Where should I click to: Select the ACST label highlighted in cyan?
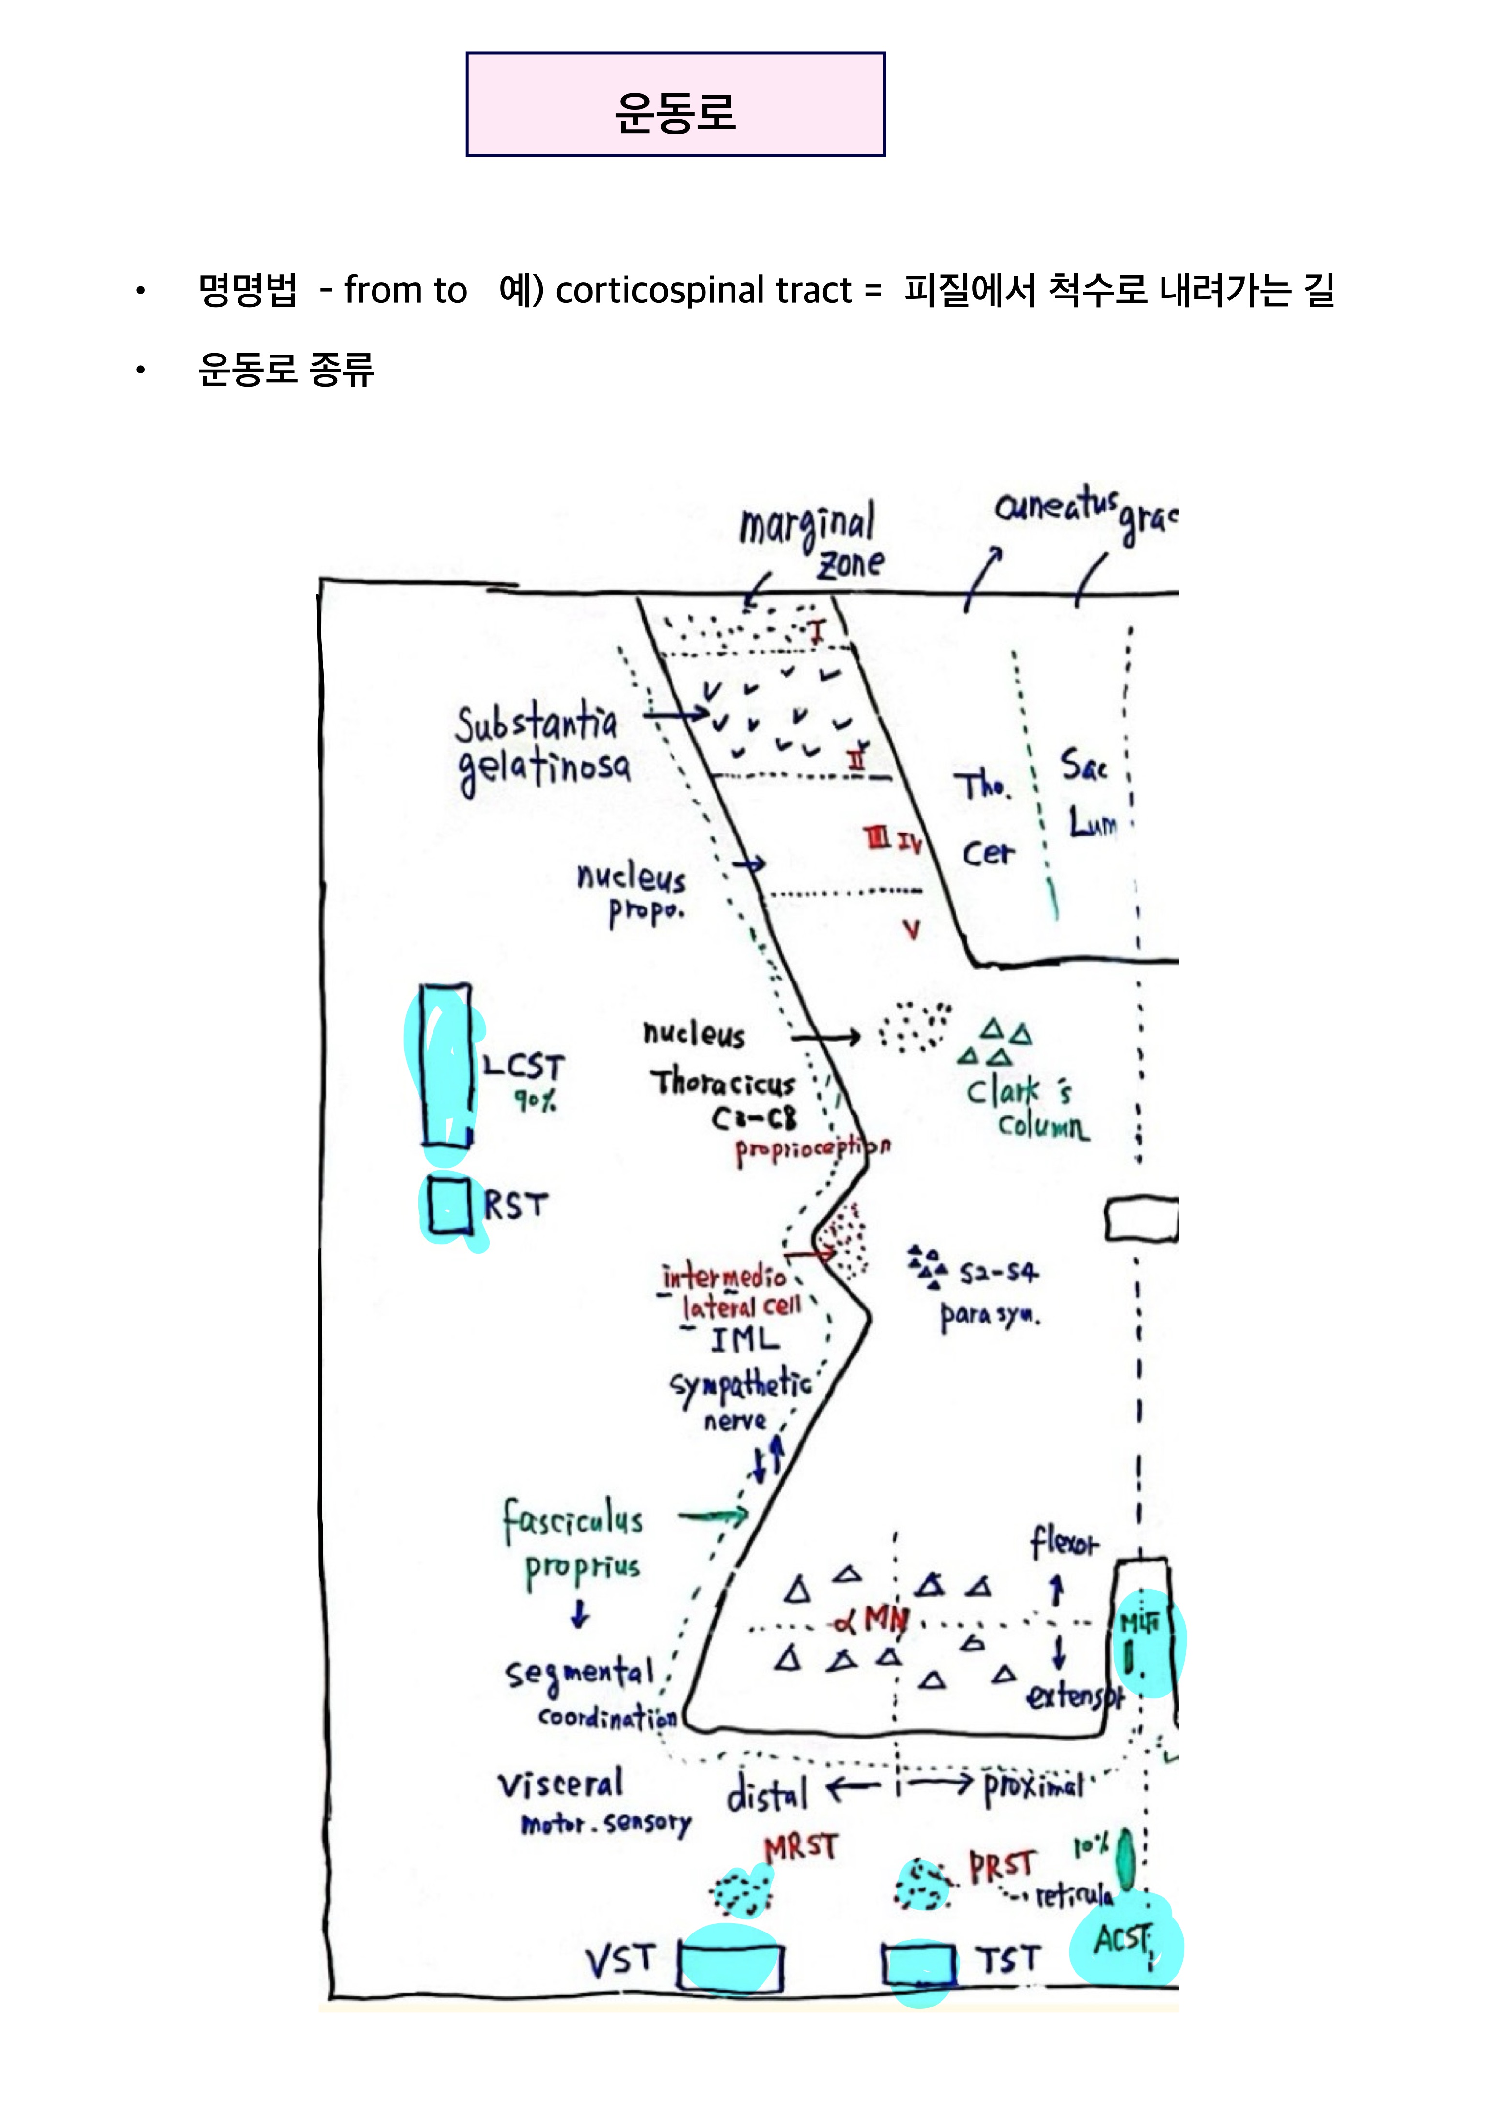pyautogui.click(x=1123, y=1939)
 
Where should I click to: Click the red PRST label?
pyautogui.click(x=1002, y=1866)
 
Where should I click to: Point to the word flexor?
pyautogui.click(x=1064, y=1542)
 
